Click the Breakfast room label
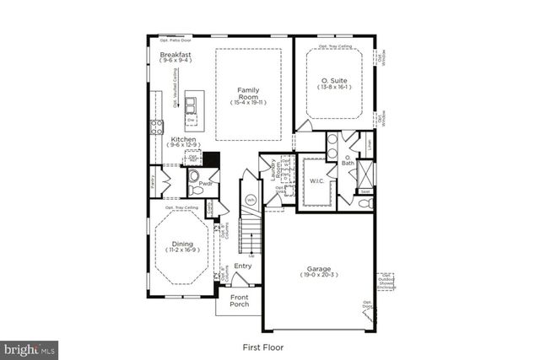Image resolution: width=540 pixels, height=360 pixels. point(175,55)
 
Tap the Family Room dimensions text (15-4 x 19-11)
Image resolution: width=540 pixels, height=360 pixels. point(247,103)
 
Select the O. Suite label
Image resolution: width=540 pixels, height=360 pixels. point(333,78)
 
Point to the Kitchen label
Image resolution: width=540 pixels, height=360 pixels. point(183,139)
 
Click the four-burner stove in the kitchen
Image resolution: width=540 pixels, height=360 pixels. point(157,126)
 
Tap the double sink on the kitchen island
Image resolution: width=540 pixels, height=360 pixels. point(192,105)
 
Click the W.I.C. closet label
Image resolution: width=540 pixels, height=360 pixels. point(317,180)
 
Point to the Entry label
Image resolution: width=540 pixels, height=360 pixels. point(242,266)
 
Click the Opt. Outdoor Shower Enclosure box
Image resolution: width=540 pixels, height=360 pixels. point(386,282)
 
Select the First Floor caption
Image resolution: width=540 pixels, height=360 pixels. point(262,347)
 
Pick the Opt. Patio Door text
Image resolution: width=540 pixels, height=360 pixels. point(175,40)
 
